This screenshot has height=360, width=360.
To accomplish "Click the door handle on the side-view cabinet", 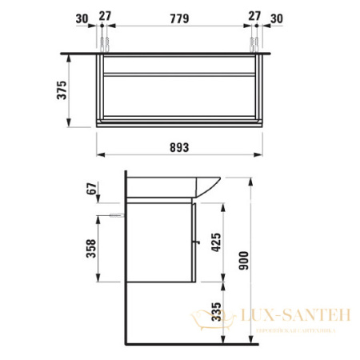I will tap(194, 239).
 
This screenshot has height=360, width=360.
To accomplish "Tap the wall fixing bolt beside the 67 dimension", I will tap(117, 215).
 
